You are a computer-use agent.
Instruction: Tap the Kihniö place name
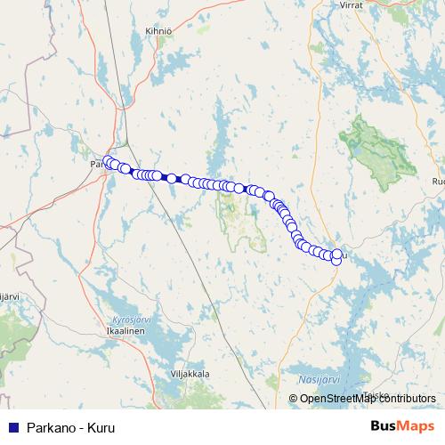[x=158, y=31]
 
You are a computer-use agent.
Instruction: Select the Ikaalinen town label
[x=128, y=330]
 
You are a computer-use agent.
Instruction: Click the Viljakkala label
[x=189, y=375]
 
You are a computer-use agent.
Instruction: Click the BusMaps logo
[x=402, y=426]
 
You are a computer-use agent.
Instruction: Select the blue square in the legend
[x=12, y=426]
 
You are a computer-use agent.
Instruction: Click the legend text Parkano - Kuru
[x=71, y=426]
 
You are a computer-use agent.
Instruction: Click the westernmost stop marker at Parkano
[x=109, y=162]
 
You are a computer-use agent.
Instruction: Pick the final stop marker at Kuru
[x=336, y=259]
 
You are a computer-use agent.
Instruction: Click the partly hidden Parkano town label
[x=96, y=165]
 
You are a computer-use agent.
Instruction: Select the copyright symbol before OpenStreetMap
[x=294, y=399]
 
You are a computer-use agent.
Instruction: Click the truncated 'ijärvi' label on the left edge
[x=8, y=295]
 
